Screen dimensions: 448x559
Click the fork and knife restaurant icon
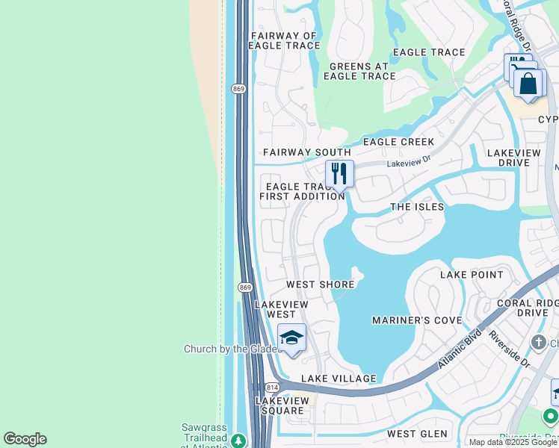(x=339, y=174)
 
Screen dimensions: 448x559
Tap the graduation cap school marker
(x=291, y=338)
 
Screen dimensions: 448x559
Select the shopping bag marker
(x=529, y=84)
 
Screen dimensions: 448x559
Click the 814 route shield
(x=272, y=388)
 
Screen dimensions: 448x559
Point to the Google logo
(x=25, y=439)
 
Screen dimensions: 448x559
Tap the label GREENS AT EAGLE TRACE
(x=362, y=71)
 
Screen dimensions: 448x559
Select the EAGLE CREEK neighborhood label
(x=398, y=142)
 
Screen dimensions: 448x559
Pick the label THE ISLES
(x=417, y=207)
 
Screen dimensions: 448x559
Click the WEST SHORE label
(x=320, y=284)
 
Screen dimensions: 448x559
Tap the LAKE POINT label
(x=472, y=275)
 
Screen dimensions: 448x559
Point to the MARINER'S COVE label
(x=417, y=320)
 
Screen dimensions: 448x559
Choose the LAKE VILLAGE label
(x=339, y=379)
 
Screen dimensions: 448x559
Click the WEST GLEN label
(x=417, y=434)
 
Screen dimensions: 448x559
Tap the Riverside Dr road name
(x=509, y=349)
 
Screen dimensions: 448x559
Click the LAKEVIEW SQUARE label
(x=279, y=405)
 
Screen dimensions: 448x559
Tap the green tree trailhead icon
(x=238, y=441)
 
